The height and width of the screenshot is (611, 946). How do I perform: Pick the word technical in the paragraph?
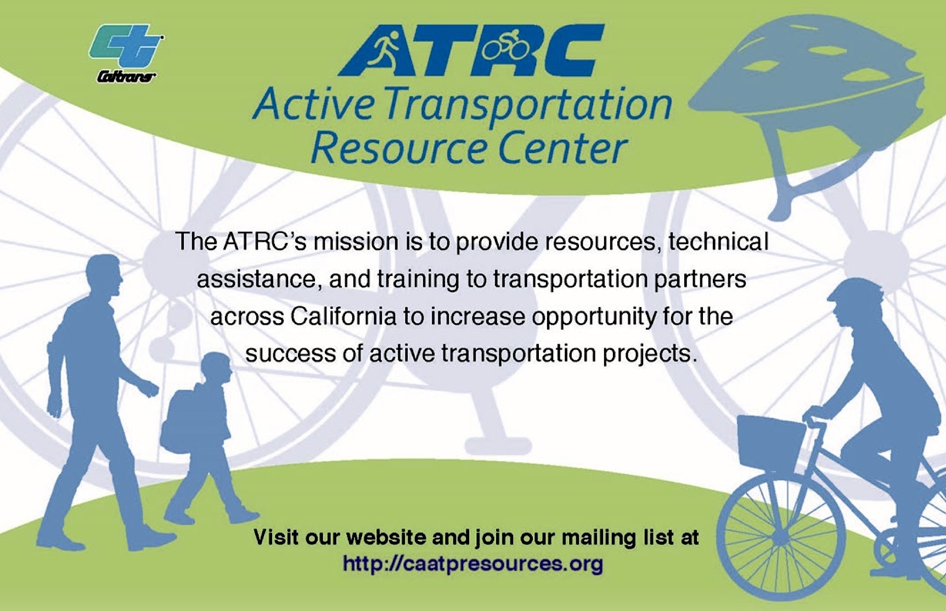718,241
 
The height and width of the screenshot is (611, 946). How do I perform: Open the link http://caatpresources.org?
472,564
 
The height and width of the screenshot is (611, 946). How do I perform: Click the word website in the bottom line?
386,537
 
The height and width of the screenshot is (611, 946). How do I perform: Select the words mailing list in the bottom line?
617,538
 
